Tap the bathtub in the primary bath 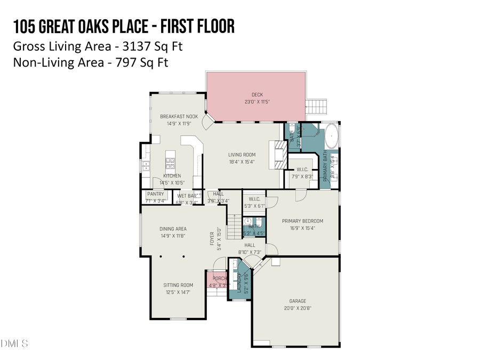tap(331, 136)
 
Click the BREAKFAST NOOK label tap(179, 116)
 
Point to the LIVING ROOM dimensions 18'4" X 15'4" tap(242, 162)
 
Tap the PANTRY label tap(155, 194)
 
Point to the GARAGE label tap(298, 301)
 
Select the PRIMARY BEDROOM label tap(302, 221)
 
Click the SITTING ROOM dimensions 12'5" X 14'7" tap(178, 292)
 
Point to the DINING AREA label tap(173, 229)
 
